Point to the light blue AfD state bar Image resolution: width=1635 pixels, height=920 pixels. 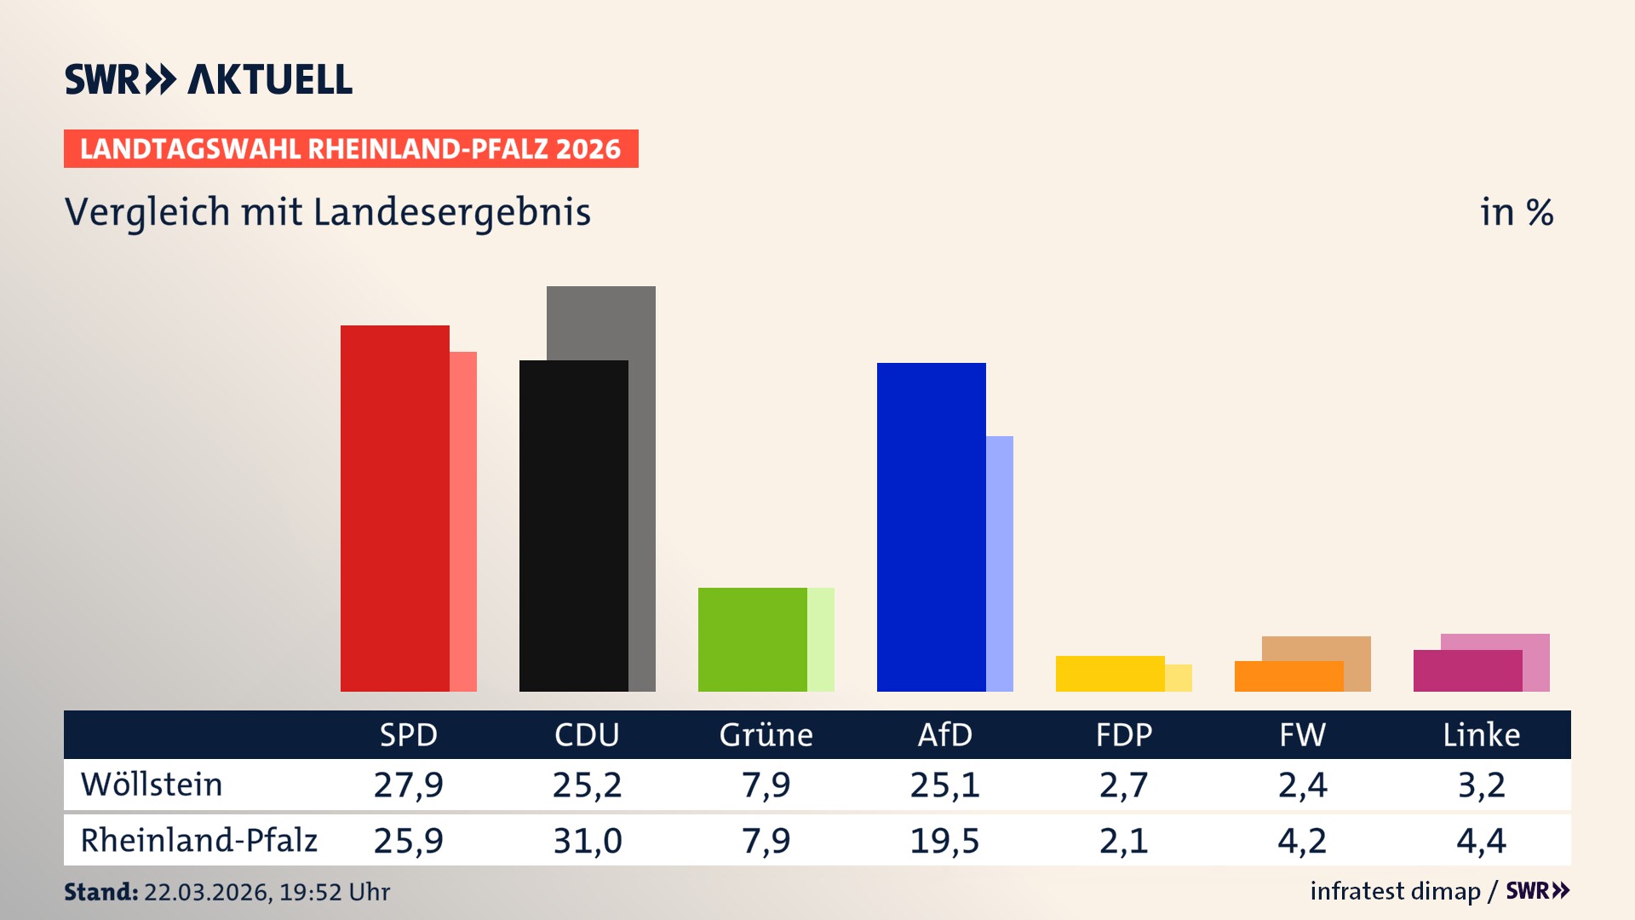pyautogui.click(x=1000, y=563)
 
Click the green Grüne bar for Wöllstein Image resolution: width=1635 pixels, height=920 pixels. pyautogui.click(x=752, y=639)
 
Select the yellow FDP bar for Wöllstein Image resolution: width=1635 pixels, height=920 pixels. pyautogui.click(x=1110, y=673)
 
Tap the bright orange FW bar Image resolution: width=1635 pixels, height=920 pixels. pyautogui.click(x=1288, y=676)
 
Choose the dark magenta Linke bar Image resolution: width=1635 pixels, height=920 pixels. pyautogui.click(x=1467, y=670)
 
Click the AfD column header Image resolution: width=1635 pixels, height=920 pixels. pyautogui.click(x=944, y=735)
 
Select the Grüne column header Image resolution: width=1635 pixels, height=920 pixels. pyautogui.click(x=766, y=735)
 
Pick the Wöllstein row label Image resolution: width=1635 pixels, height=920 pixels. pyautogui.click(x=152, y=785)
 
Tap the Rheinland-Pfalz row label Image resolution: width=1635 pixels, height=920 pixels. pyautogui.click(x=198, y=841)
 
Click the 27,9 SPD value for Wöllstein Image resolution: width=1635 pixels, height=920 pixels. pyautogui.click(x=408, y=785)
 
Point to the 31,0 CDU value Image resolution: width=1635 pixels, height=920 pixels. pyautogui.click(x=587, y=841)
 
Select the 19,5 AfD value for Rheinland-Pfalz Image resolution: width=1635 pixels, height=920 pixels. pyautogui.click(x=944, y=841)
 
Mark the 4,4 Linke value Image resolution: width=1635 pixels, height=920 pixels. pyautogui.click(x=1481, y=841)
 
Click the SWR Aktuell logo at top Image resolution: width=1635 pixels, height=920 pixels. pyautogui.click(x=209, y=79)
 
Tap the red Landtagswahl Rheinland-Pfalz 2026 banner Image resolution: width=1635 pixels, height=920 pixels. pyautogui.click(x=351, y=149)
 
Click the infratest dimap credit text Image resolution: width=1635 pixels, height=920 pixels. pyautogui.click(x=1395, y=891)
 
